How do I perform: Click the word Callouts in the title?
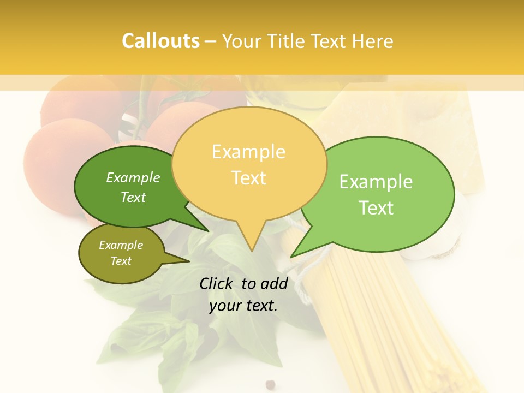160,41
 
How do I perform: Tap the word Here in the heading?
373,41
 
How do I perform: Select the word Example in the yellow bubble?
248,152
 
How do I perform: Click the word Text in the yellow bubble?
248,178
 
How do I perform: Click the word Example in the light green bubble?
376,182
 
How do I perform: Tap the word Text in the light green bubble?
376,208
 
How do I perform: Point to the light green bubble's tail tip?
291,257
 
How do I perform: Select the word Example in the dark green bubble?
133,178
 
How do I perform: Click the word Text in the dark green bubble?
133,198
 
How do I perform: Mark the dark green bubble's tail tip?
209,231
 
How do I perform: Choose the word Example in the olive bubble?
121,246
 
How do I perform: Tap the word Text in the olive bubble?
121,261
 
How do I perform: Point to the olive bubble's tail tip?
189,263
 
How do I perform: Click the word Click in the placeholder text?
217,283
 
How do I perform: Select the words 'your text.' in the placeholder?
243,306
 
